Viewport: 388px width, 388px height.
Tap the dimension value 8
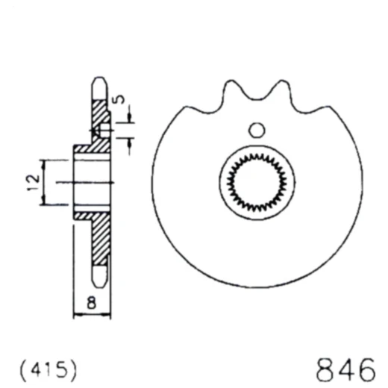(91, 302)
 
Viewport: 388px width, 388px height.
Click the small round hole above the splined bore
(257, 130)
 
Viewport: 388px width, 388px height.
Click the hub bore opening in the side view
(91, 182)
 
